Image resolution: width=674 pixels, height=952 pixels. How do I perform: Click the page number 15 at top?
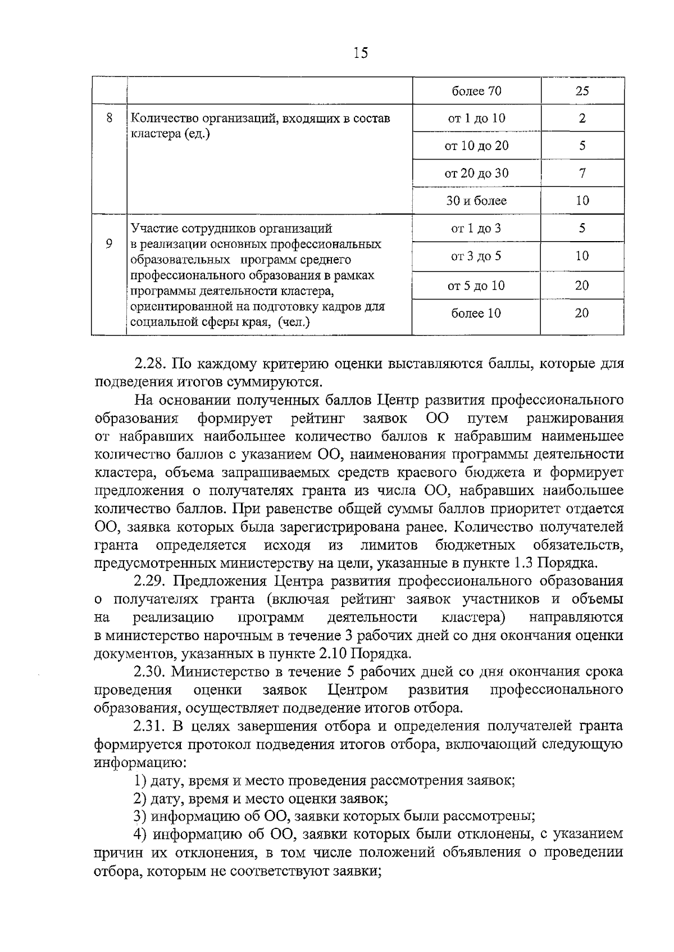coord(361,53)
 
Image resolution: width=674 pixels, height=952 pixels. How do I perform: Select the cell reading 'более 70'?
coord(476,91)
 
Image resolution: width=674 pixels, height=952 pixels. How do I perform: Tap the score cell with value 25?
coord(582,91)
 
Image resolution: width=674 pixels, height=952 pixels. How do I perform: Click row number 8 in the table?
coord(110,118)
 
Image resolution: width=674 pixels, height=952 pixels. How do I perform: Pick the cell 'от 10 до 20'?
coord(476,146)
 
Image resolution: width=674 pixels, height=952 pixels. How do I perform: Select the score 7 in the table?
coord(582,173)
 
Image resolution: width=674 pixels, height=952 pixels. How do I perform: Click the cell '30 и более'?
coord(476,201)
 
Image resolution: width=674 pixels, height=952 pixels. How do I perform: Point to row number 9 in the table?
coord(110,244)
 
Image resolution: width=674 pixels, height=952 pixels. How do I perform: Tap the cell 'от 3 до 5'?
coord(476,256)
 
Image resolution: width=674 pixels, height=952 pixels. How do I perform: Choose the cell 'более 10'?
coord(476,313)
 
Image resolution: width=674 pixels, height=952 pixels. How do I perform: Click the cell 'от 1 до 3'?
coord(476,228)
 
